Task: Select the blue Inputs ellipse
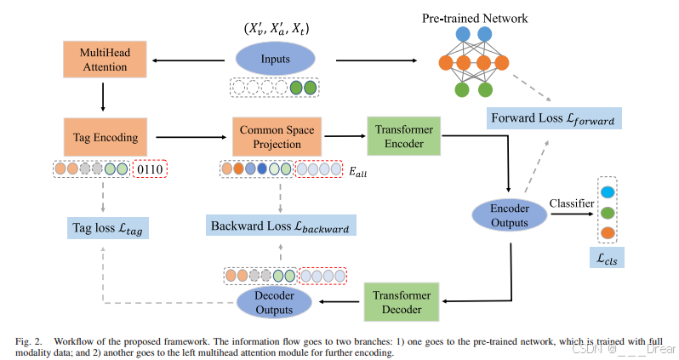[x=274, y=60]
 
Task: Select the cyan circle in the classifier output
[x=608, y=191]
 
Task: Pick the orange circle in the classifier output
[x=608, y=232]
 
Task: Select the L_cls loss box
[x=608, y=258]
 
